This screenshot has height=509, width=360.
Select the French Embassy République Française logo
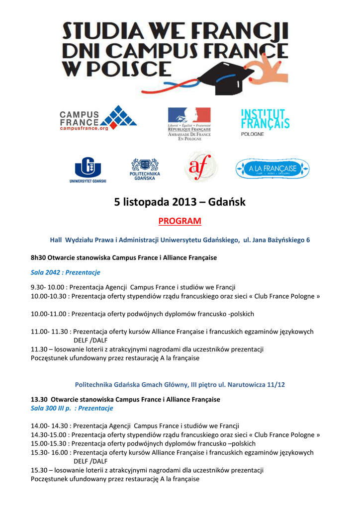pyautogui.click(x=189, y=124)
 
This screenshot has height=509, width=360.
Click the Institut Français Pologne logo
pyautogui.click(x=265, y=122)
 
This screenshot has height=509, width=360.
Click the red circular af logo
pyautogui.click(x=200, y=167)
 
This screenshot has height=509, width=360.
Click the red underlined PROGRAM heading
pyautogui.click(x=180, y=221)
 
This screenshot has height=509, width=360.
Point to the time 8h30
pyautogui.click(x=38, y=258)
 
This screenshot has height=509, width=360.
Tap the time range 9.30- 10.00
pyautogui.click(x=48, y=287)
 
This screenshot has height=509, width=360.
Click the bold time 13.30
pyautogui.click(x=39, y=399)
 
